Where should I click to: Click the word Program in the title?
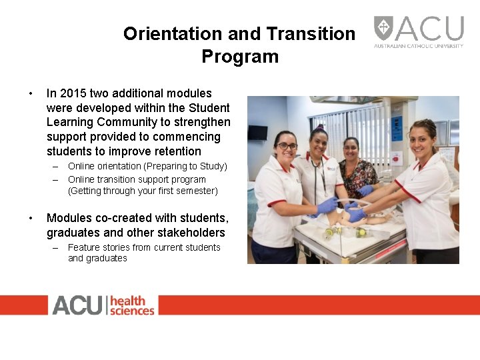[240, 56]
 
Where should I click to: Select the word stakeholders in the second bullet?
[194, 233]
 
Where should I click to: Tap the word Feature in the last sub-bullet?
[83, 247]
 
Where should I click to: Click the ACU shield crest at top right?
[383, 28]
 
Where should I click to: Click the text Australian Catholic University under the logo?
[418, 46]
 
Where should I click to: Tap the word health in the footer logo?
[128, 301]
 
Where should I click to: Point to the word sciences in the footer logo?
[132, 311]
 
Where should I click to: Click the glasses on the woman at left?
[287, 146]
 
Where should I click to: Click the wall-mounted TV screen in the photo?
[257, 132]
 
